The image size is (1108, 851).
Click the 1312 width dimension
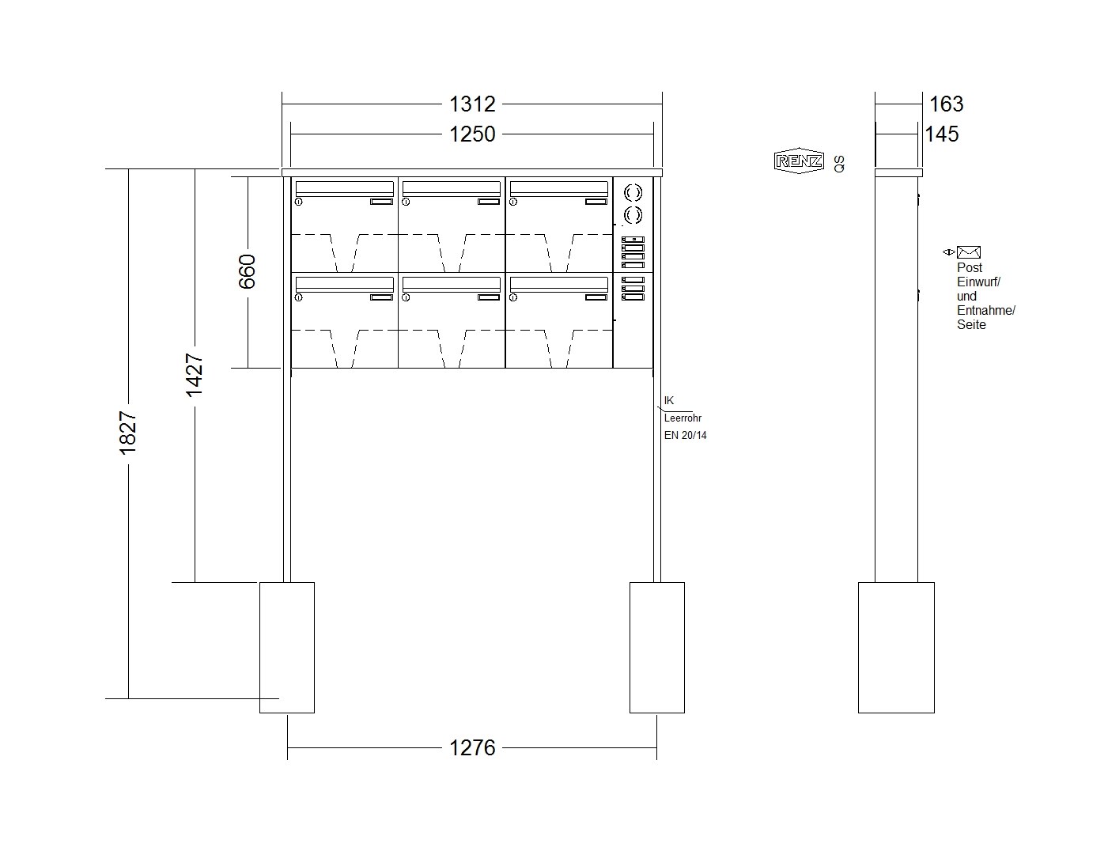(x=471, y=104)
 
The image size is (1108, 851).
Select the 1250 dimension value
(x=471, y=134)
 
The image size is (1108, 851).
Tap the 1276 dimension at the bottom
(x=471, y=747)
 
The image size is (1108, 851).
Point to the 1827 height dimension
(x=128, y=433)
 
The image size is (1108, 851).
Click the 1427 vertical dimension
(x=195, y=375)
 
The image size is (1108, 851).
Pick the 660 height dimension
(x=248, y=271)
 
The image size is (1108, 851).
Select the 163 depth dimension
(x=947, y=104)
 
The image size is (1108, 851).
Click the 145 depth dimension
(x=942, y=134)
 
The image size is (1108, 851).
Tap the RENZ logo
(x=799, y=161)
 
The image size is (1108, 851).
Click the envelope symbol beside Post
(x=968, y=252)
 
